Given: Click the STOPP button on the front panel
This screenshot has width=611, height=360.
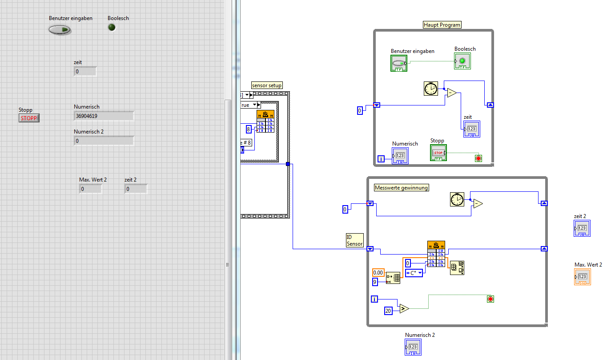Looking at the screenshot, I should [x=29, y=118].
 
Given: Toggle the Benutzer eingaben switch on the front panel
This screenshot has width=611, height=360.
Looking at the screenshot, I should [x=60, y=30].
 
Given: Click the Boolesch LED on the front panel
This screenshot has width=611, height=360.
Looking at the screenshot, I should [x=112, y=28].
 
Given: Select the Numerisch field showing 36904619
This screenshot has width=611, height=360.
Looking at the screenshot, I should [x=104, y=116].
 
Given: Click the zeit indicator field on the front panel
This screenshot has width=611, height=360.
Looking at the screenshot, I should [x=85, y=71].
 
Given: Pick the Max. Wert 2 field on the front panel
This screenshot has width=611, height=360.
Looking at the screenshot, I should [x=90, y=189].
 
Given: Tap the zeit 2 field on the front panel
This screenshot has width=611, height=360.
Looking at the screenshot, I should [x=136, y=189].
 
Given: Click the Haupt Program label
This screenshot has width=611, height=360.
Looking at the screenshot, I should [x=442, y=25].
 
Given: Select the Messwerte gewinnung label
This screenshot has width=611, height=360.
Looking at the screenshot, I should [x=402, y=188].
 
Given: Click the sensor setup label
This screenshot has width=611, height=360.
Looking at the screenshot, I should [x=267, y=85].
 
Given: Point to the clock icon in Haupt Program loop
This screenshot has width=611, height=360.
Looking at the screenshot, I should [x=430, y=89].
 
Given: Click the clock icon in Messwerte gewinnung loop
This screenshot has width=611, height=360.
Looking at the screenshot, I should [x=457, y=199].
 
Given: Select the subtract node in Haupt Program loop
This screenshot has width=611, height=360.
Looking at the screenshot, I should [x=451, y=93].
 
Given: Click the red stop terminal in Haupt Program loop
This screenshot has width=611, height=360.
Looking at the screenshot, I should [x=478, y=158].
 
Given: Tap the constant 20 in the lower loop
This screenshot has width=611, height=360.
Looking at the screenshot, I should [x=388, y=311].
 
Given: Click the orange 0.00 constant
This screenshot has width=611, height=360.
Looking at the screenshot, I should [x=378, y=272].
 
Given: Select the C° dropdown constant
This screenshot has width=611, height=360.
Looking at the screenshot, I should [x=414, y=273].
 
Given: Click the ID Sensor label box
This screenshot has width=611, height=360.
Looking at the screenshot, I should [x=354, y=240].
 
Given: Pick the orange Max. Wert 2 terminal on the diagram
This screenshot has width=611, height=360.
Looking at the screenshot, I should [x=583, y=277].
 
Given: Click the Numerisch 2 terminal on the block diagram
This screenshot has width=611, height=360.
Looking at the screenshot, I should [x=413, y=347].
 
